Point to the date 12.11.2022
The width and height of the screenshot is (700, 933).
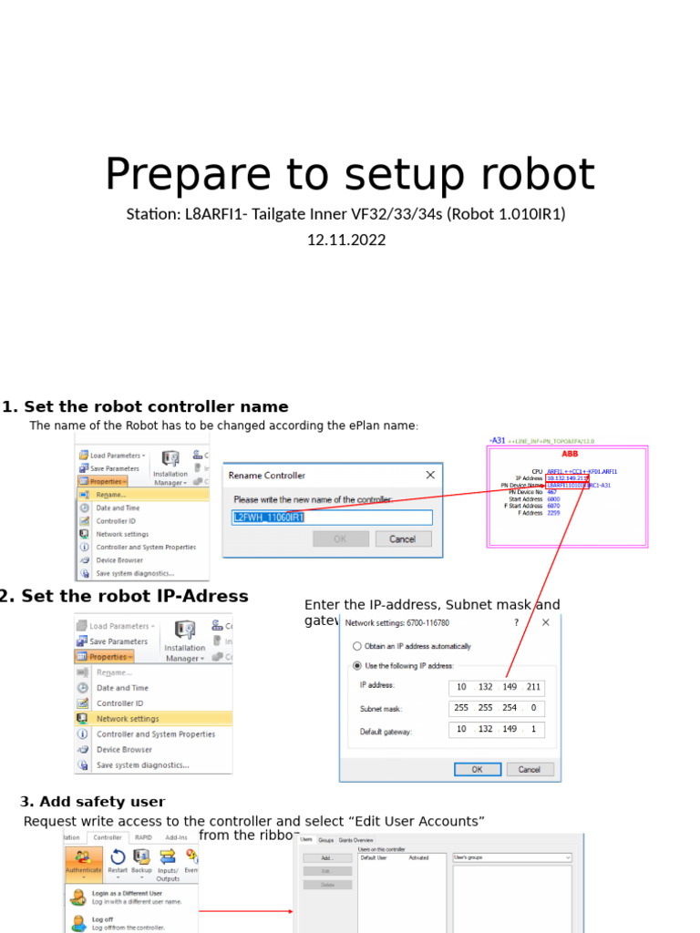(346, 241)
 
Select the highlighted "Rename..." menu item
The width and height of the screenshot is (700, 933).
(114, 495)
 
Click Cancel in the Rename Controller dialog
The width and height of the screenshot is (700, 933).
(402, 538)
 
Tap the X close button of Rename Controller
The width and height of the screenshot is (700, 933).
(430, 475)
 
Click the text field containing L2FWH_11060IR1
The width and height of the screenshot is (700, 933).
(331, 518)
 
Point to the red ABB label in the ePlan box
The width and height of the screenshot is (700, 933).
(569, 453)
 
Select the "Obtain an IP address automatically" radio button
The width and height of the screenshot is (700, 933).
(357, 646)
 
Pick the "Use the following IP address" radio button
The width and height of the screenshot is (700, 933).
(357, 665)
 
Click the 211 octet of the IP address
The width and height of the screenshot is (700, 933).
(532, 686)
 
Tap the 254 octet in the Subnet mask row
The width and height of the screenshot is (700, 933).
(509, 708)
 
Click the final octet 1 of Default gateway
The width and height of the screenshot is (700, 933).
(532, 730)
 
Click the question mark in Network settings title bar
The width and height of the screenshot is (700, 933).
(516, 622)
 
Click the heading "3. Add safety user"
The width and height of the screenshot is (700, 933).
(93, 802)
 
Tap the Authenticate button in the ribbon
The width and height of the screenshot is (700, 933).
(83, 861)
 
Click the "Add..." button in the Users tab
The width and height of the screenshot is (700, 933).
(326, 858)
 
